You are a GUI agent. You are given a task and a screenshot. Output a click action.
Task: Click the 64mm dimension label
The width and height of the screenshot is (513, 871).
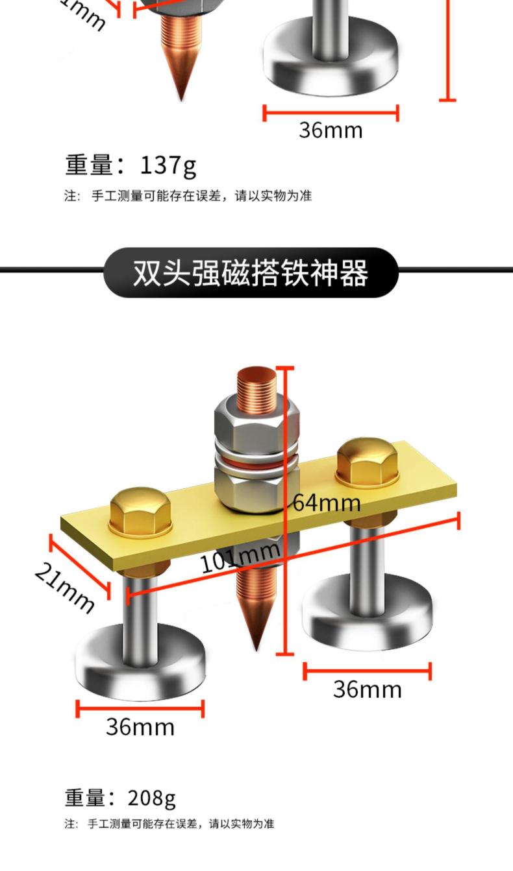click(x=326, y=502)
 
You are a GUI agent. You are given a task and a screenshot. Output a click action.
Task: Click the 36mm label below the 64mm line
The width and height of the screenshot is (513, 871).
click(x=367, y=689)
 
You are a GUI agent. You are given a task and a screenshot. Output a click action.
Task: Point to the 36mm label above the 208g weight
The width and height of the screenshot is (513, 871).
click(x=140, y=726)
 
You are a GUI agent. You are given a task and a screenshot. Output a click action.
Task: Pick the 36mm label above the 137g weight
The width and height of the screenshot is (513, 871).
click(x=331, y=130)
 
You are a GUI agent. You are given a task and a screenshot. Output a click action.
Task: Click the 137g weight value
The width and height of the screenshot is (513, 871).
click(x=168, y=166)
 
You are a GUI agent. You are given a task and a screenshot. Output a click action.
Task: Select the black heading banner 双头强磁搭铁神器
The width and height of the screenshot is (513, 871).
click(x=251, y=272)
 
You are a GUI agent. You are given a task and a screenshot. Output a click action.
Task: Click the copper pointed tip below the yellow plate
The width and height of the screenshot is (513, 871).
click(x=258, y=610)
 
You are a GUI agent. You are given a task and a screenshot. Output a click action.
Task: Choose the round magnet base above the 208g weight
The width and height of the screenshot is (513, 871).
click(x=140, y=668)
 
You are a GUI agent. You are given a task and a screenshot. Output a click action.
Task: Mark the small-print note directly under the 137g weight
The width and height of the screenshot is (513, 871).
click(x=188, y=196)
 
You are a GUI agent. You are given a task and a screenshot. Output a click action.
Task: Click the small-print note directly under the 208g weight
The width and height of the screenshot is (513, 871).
click(x=169, y=824)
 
